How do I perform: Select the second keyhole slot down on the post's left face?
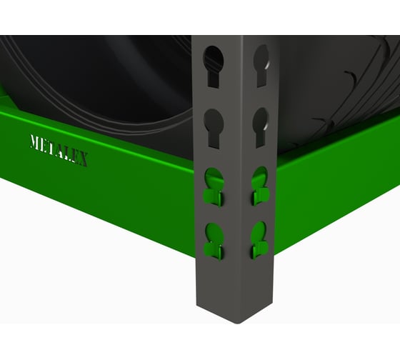[214, 128]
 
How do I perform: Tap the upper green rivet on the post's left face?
[214, 186]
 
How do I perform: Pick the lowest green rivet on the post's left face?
[214, 241]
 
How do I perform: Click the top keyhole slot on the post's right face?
[261, 66]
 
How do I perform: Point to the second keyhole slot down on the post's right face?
[261, 127]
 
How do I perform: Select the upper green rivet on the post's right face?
[260, 186]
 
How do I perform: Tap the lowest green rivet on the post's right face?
[259, 241]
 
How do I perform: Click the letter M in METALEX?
[35, 142]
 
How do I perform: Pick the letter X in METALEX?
[83, 159]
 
